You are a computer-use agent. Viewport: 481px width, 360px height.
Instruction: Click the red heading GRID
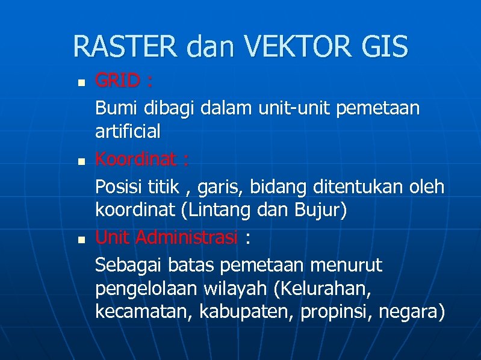tap(119, 80)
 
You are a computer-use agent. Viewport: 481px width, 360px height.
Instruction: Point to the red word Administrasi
tap(187, 238)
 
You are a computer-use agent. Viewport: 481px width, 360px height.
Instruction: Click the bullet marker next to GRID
tap(82, 81)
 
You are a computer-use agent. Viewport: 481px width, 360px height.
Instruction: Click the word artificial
tap(128, 131)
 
